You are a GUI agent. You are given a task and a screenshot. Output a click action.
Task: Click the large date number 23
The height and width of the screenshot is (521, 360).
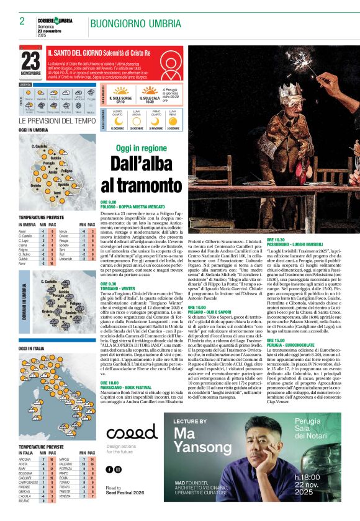pyautogui.click(x=30, y=60)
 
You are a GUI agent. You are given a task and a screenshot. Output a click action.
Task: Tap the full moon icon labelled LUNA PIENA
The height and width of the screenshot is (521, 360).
pyautogui.click(x=172, y=118)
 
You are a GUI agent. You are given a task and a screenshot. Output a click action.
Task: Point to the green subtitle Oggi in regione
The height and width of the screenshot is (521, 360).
pyautogui.click(x=142, y=149)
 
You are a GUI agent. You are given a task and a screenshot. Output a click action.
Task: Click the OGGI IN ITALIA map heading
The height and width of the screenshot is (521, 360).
pyautogui.click(x=32, y=349)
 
